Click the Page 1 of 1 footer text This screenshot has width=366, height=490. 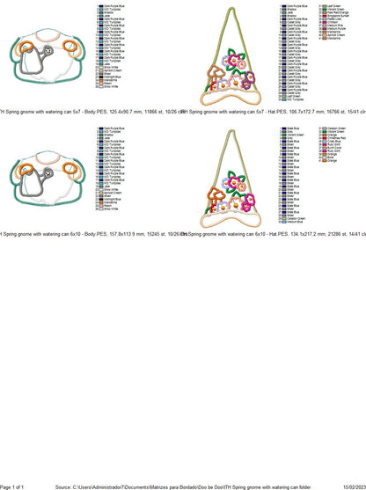click(11, 486)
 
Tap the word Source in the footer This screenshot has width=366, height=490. click(63, 486)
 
